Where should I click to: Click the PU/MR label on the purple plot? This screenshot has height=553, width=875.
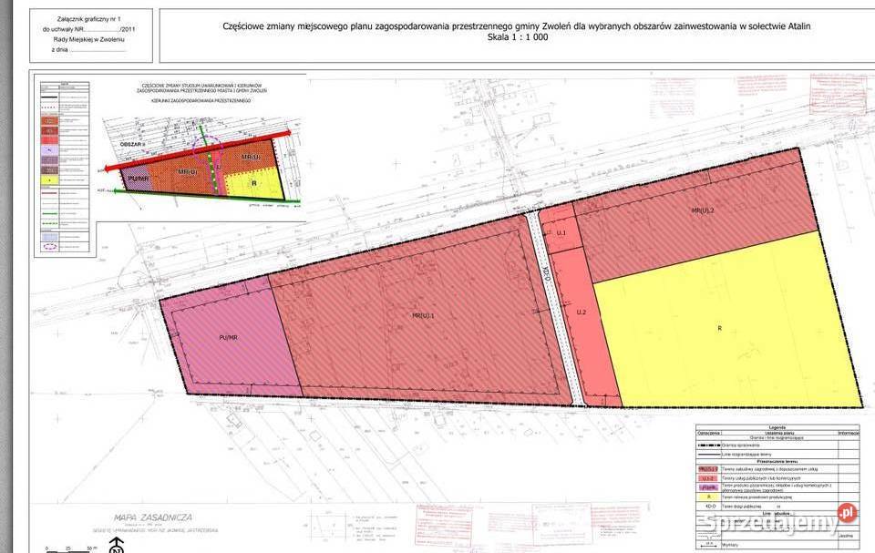pos(228,337)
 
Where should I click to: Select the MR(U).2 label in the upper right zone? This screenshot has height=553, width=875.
pos(703,210)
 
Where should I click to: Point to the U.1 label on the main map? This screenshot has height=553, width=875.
pos(561,233)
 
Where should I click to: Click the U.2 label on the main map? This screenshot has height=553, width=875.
pos(580,312)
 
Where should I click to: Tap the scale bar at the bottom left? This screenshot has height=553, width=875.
pos(68,548)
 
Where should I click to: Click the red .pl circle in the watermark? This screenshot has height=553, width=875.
pos(847,513)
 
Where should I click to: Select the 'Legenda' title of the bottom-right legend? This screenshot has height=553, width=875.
pos(777,426)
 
